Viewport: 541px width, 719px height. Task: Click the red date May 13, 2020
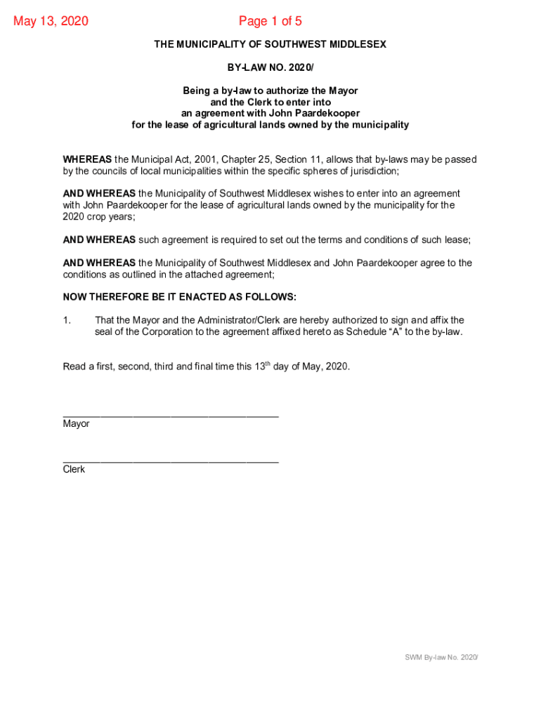pyautogui.click(x=51, y=21)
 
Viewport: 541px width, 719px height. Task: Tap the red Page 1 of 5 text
pyautogui.click(x=270, y=21)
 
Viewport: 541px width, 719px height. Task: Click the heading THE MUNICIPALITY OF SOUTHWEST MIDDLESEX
pyautogui.click(x=270, y=44)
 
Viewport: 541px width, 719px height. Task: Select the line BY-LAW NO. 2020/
pyautogui.click(x=270, y=67)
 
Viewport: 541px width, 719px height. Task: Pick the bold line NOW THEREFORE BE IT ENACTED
pyautogui.click(x=179, y=297)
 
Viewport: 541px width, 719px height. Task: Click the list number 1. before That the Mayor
pyautogui.click(x=67, y=320)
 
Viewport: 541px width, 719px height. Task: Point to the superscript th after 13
pyautogui.click(x=268, y=364)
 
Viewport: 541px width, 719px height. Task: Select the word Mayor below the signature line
pyautogui.click(x=76, y=424)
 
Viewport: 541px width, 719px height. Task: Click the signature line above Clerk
pyautogui.click(x=171, y=461)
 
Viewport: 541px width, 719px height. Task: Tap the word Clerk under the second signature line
pyautogui.click(x=74, y=469)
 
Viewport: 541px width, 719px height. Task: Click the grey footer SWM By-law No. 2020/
pyautogui.click(x=441, y=657)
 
